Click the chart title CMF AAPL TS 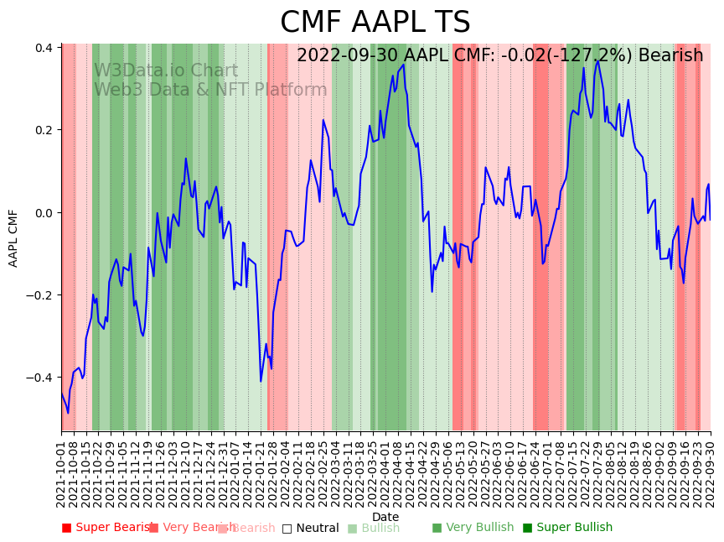375,23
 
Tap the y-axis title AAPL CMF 13,237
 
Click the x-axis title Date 385,517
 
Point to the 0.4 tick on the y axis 44,48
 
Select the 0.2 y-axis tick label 44,130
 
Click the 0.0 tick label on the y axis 44,212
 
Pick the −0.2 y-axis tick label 41,295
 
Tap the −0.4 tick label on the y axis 41,378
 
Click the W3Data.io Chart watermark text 165,70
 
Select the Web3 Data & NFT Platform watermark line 209,90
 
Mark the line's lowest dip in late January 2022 261,381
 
